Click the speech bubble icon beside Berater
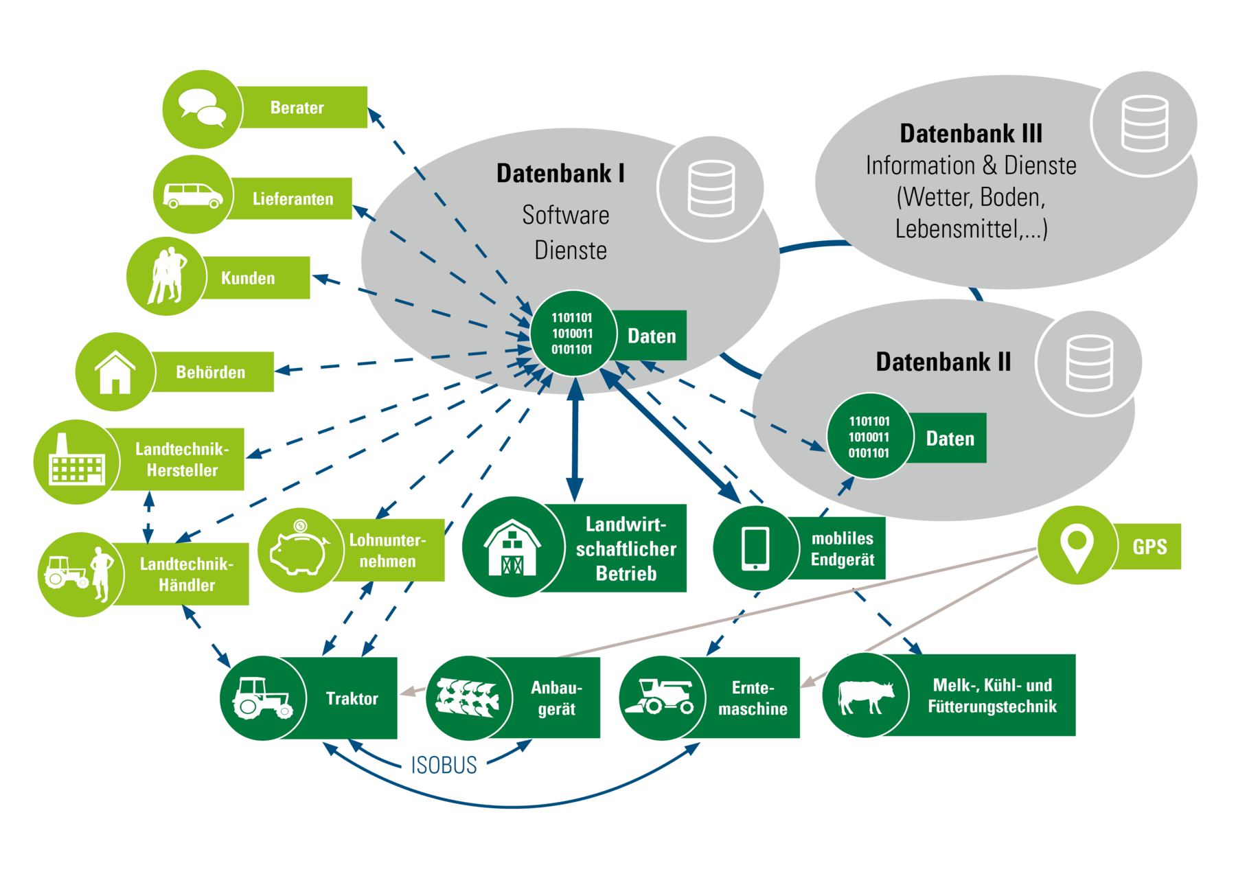pos(202,108)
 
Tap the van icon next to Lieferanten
pos(192,195)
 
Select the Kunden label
pos(248,278)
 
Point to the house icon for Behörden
pos(115,372)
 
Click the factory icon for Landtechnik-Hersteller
pos(76,461)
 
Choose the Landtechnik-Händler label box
pos(186,575)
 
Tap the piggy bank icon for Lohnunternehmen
pos(300,550)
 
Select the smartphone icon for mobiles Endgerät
pos(755,548)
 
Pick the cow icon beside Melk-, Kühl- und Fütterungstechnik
pos(865,696)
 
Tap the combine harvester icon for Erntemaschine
pos(661,696)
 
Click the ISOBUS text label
pos(444,765)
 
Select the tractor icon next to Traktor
pos(262,698)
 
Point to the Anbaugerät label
pos(556,698)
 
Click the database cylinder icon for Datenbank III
pos(1144,124)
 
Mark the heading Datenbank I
pos(560,174)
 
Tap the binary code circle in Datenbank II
pos(869,437)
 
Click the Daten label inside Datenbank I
pos(651,336)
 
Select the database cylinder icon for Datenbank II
pos(1089,363)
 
